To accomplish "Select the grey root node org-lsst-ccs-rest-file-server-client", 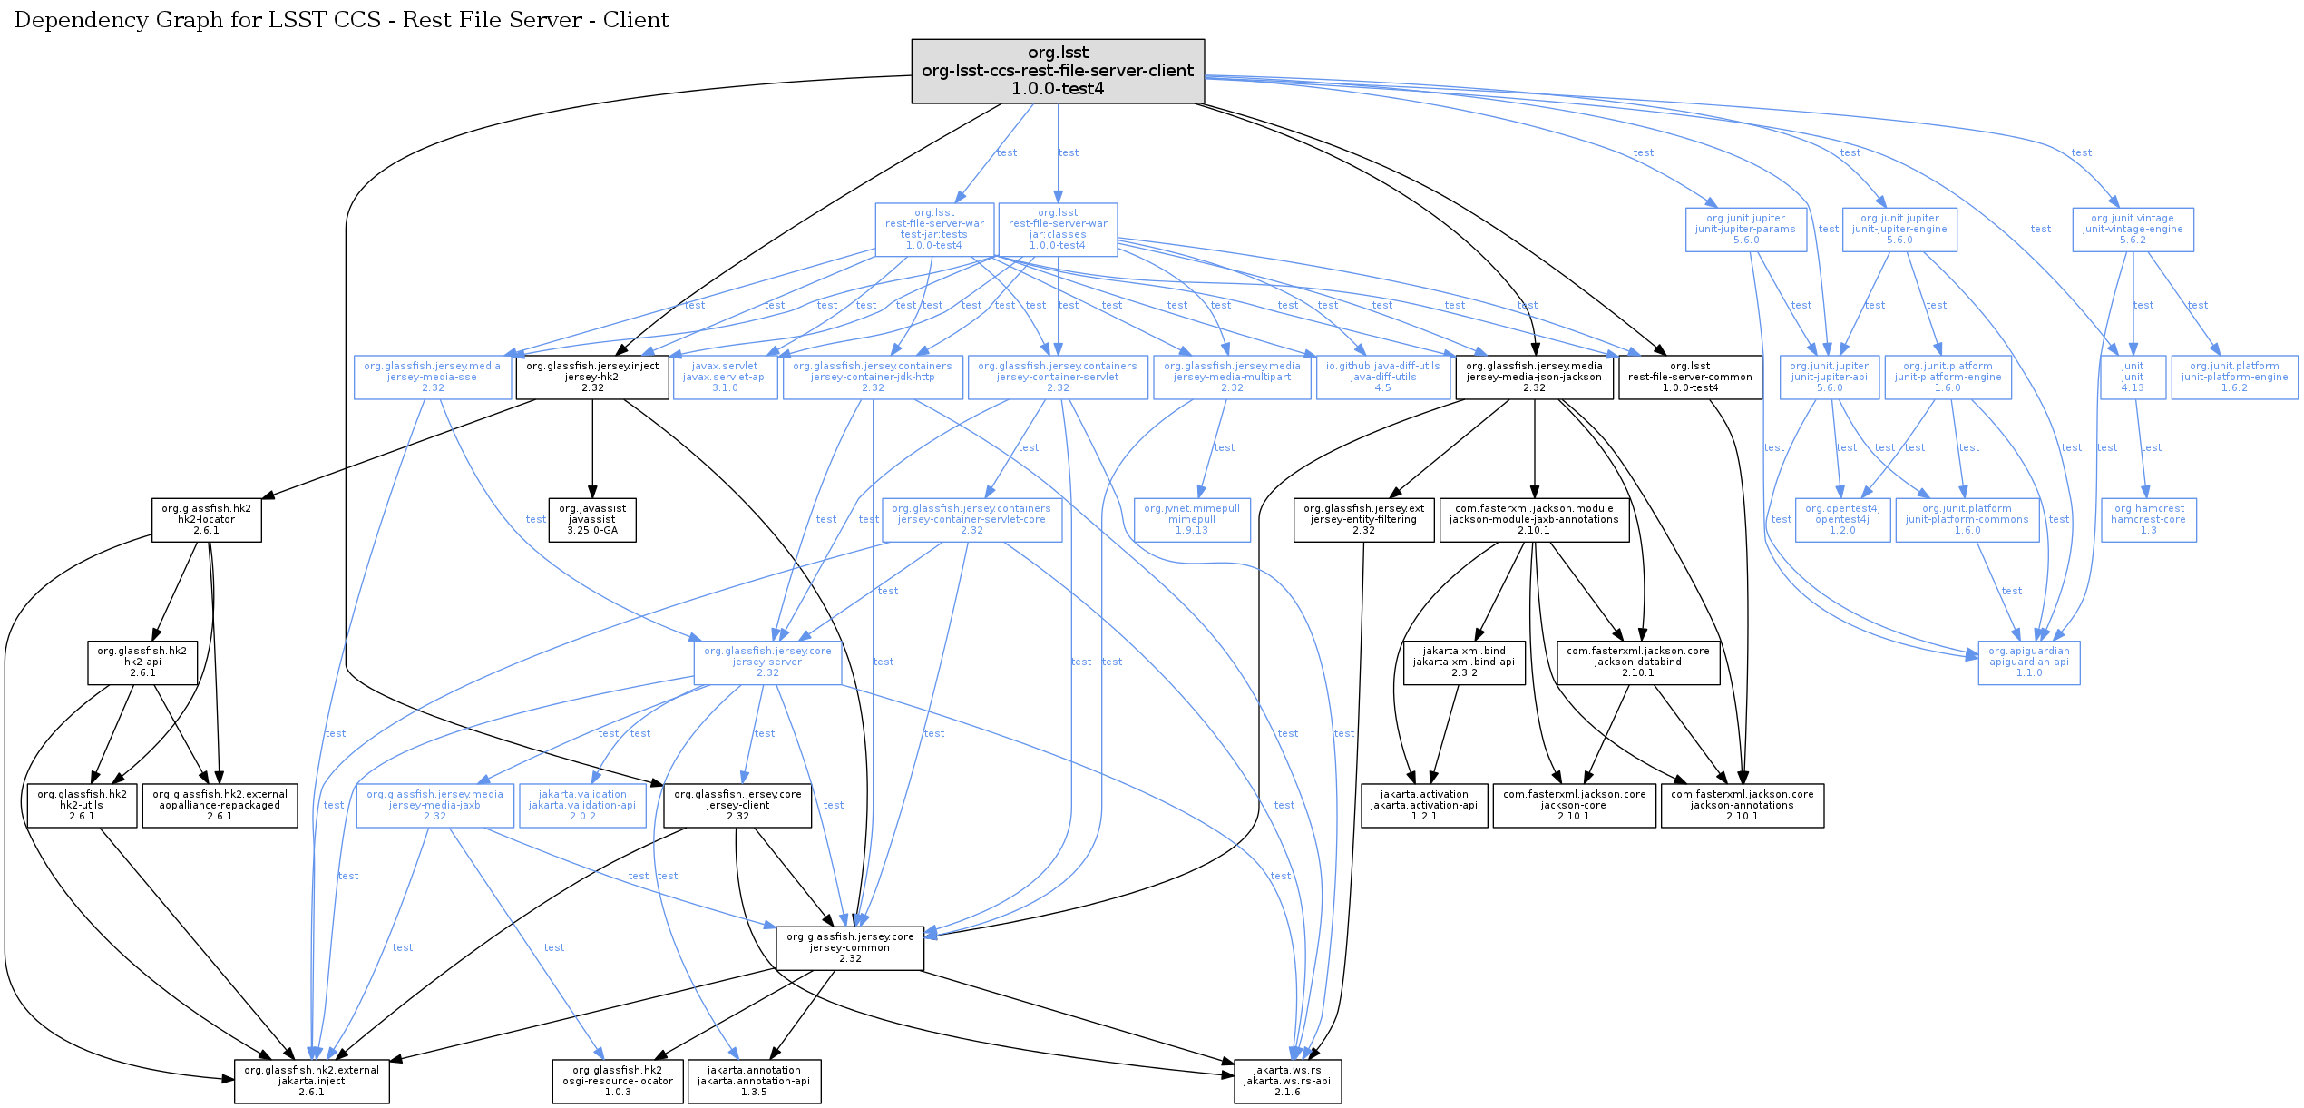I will point(1058,71).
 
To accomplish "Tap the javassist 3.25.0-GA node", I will point(592,520).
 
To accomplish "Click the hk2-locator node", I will point(207,520).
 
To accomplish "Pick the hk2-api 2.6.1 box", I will point(142,662).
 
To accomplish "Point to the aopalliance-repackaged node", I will point(220,806).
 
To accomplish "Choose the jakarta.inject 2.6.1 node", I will point(312,1082).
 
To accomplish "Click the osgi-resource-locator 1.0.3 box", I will point(618,1082).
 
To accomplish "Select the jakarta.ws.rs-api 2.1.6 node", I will point(1287,1082).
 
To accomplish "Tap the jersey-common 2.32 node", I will point(850,948).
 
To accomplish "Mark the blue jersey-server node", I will point(767,662).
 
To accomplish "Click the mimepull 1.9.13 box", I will point(1192,520).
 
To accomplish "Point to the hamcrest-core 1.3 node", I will point(2148,520).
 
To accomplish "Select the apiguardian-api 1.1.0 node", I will point(2029,662).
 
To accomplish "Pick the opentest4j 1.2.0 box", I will point(1842,520).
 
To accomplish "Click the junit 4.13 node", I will point(2133,378).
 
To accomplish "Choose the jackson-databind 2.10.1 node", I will point(1638,662).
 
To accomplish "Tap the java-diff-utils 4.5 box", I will point(1383,378).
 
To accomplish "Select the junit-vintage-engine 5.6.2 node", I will point(2133,230).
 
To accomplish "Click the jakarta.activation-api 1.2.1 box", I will point(1424,806).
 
